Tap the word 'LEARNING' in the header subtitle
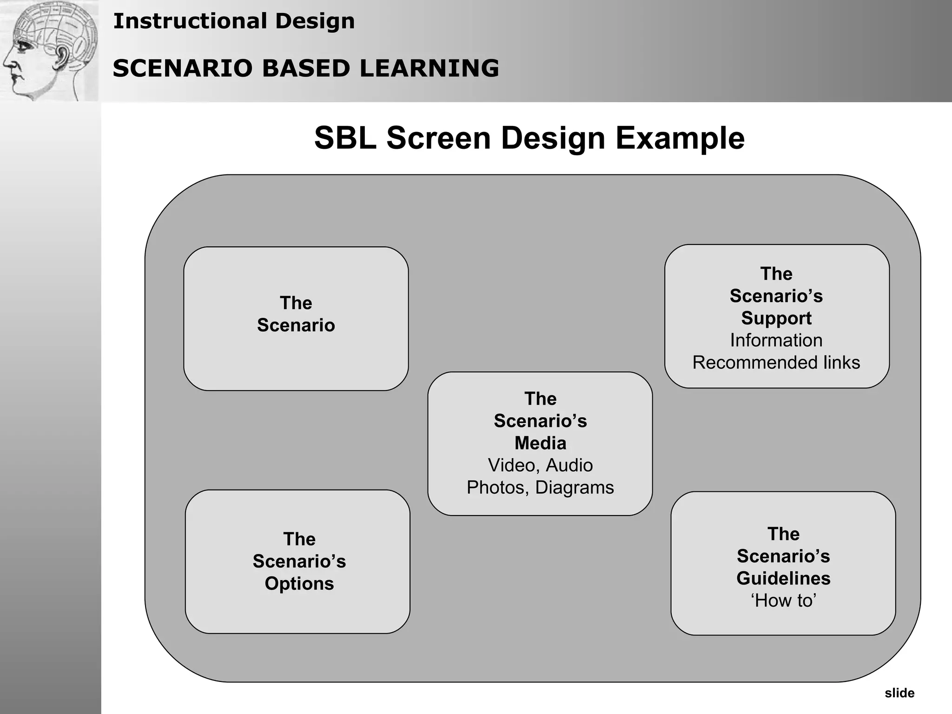pos(429,68)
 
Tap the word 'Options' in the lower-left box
pos(299,583)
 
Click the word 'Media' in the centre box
pos(540,443)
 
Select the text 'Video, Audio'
pos(540,465)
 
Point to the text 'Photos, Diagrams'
pos(540,488)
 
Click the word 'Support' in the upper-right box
pos(776,318)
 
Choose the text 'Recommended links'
pos(776,363)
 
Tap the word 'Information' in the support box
pos(776,340)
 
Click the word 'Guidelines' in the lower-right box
pos(783,578)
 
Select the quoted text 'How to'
pos(783,601)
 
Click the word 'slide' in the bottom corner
pos(899,693)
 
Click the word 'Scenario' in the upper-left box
pos(296,325)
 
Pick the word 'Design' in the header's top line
pos(315,21)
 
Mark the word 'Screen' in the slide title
pos(438,138)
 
